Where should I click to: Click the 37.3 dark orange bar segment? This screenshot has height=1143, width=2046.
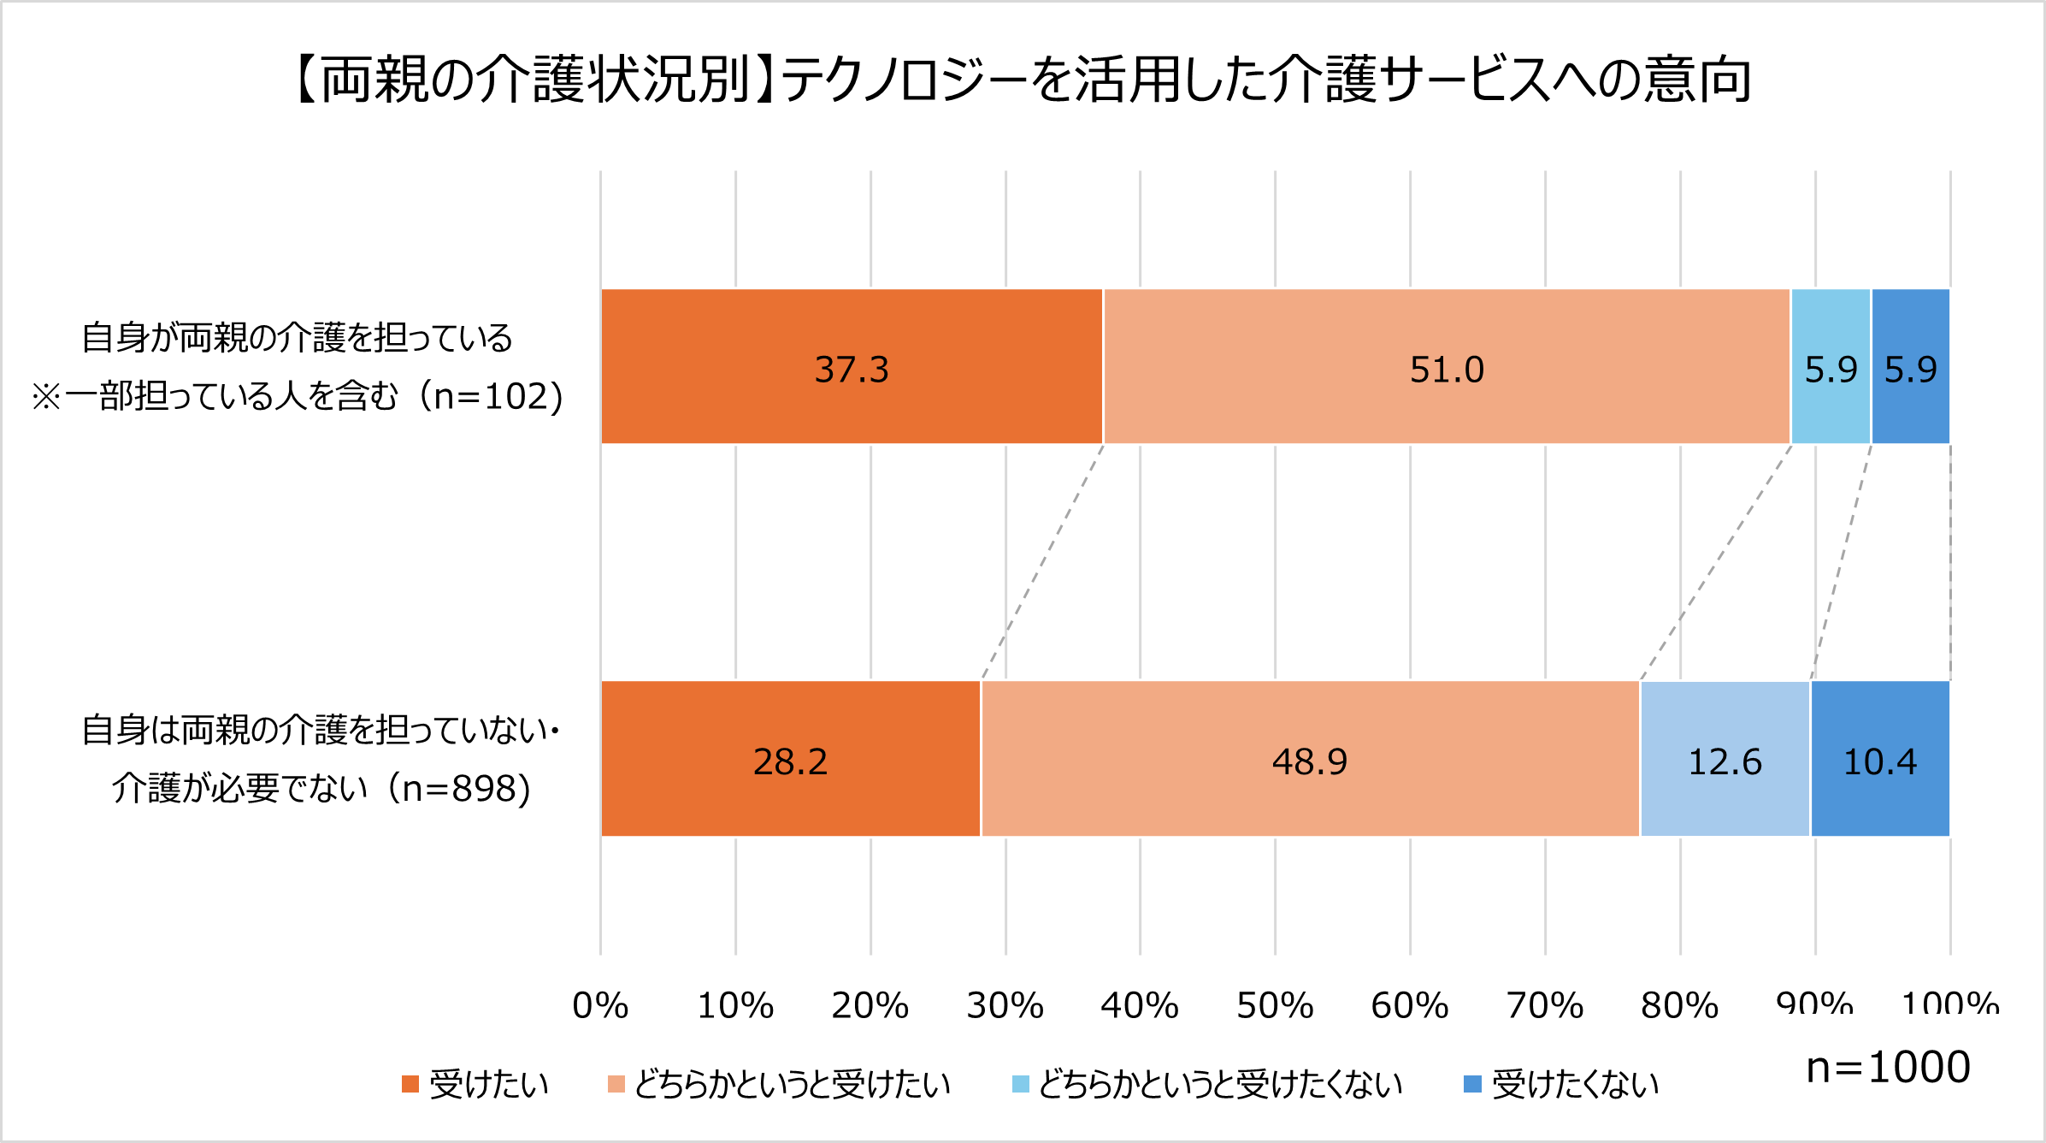[x=852, y=367]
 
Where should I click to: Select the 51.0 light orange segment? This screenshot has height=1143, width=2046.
[x=1447, y=367]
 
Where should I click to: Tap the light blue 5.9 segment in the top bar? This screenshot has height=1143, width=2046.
[x=1831, y=367]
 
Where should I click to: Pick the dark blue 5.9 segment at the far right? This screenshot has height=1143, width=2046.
[x=1911, y=367]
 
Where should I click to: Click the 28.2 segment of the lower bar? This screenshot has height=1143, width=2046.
[x=790, y=759]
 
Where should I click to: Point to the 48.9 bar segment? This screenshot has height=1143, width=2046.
[x=1310, y=759]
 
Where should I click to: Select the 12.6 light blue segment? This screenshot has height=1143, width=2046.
[x=1725, y=759]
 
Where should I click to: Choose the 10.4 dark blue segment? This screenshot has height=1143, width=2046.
[x=1880, y=759]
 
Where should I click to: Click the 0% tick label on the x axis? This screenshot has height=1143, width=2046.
[x=600, y=1005]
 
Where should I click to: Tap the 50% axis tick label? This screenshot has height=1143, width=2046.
[x=1275, y=1005]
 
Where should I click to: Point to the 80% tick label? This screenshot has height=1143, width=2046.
[x=1679, y=1005]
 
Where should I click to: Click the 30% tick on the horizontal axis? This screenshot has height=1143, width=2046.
[x=1005, y=1005]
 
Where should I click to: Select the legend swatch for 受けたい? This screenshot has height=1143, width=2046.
[x=410, y=1084]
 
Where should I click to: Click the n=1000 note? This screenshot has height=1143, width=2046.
[x=1888, y=1067]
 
